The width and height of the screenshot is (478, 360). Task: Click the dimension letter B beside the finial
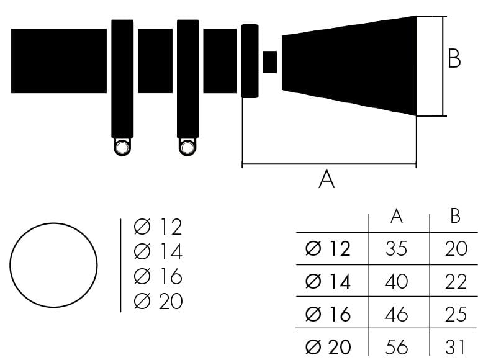coord(454,59)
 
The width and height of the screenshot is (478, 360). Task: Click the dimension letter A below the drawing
coord(327,179)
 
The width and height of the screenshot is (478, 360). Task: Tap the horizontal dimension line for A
coord(328,165)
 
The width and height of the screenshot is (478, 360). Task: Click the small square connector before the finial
coord(270,62)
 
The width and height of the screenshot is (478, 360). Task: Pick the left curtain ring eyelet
coord(122,147)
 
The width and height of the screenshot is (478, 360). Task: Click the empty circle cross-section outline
coord(54,265)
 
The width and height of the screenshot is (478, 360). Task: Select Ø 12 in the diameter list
coord(158,227)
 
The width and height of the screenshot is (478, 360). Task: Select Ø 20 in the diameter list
coord(158,302)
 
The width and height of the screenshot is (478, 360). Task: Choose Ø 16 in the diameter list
coord(158,277)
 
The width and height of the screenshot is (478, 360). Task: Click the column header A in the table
coord(397,216)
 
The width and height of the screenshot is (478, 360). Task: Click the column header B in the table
coord(455,216)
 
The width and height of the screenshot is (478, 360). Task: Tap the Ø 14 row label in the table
coord(328,281)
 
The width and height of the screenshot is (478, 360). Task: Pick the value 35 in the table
coord(397,249)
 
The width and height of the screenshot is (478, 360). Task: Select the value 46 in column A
coord(397,313)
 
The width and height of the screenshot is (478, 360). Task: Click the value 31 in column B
coord(456,346)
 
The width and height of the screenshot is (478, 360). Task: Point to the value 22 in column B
coord(456,281)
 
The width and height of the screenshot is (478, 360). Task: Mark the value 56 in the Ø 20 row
coord(397,346)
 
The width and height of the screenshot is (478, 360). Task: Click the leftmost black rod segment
coord(59,61)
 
